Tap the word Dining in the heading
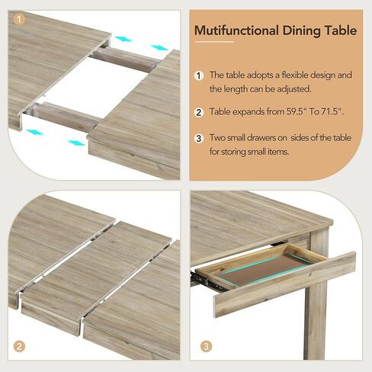pyautogui.click(x=303, y=30)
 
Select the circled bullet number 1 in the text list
pyautogui.click(x=199, y=75)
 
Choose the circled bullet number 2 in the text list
pyautogui.click(x=199, y=112)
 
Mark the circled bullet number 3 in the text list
pyautogui.click(x=199, y=138)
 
